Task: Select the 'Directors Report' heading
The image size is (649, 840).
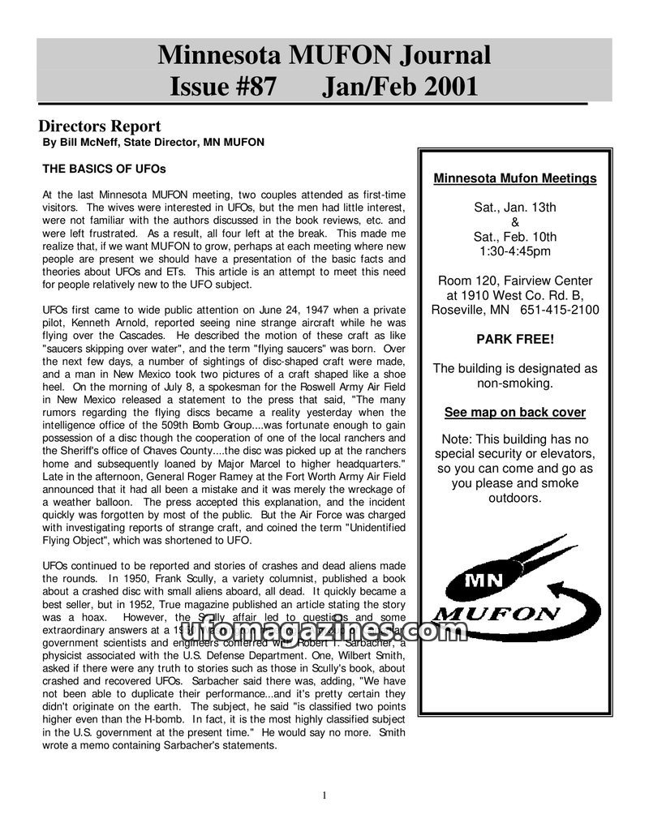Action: point(100,126)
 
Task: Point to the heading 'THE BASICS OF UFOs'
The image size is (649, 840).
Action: point(104,169)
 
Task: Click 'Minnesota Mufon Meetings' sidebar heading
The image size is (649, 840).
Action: point(515,178)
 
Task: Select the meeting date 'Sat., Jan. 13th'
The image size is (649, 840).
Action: point(515,208)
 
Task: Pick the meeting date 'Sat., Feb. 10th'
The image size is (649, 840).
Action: point(515,237)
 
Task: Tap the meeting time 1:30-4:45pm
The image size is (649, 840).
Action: point(515,251)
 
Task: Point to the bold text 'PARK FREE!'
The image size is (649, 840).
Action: point(515,339)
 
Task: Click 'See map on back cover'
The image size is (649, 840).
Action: point(515,412)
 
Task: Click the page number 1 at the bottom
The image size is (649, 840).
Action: point(324,795)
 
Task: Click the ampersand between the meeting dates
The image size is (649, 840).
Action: point(515,222)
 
